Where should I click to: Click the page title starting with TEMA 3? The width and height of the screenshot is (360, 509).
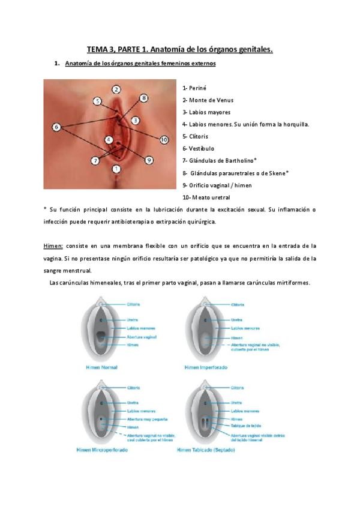[179, 50]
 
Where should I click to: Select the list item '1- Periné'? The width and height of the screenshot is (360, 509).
[194, 88]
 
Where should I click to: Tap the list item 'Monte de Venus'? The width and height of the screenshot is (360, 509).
[211, 100]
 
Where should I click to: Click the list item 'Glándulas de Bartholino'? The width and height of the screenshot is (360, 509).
[222, 160]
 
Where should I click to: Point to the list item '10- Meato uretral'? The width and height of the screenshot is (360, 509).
[206, 197]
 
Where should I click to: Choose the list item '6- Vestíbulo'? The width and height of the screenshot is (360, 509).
[198, 148]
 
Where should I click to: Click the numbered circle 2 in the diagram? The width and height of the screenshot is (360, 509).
[116, 89]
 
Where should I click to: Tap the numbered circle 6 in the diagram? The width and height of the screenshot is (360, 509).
[56, 127]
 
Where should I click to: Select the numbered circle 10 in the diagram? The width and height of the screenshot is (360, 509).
[164, 139]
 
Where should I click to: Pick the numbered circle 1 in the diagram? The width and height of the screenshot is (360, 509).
[116, 169]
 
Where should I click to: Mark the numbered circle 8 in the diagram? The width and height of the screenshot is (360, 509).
[143, 97]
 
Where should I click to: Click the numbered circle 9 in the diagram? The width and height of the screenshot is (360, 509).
[149, 160]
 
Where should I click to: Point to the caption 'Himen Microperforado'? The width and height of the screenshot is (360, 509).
[102, 448]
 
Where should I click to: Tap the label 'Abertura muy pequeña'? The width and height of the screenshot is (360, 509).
[147, 419]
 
